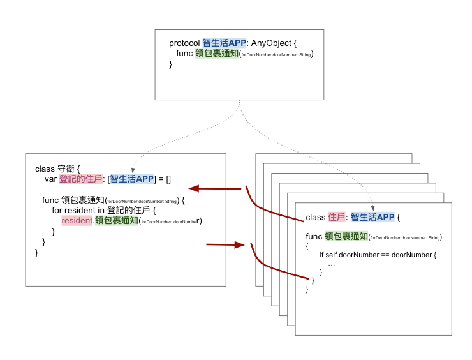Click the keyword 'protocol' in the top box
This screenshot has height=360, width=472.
tap(184, 43)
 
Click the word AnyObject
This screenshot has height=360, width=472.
tap(271, 43)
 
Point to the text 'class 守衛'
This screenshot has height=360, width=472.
tap(54, 169)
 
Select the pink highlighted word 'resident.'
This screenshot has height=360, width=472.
tap(77, 221)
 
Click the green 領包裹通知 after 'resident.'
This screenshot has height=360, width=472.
tap(116, 221)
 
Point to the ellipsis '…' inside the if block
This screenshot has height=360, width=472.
tap(331, 264)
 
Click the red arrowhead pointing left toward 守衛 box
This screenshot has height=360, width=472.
tap(194, 188)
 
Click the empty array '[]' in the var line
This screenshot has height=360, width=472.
tap(168, 179)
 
